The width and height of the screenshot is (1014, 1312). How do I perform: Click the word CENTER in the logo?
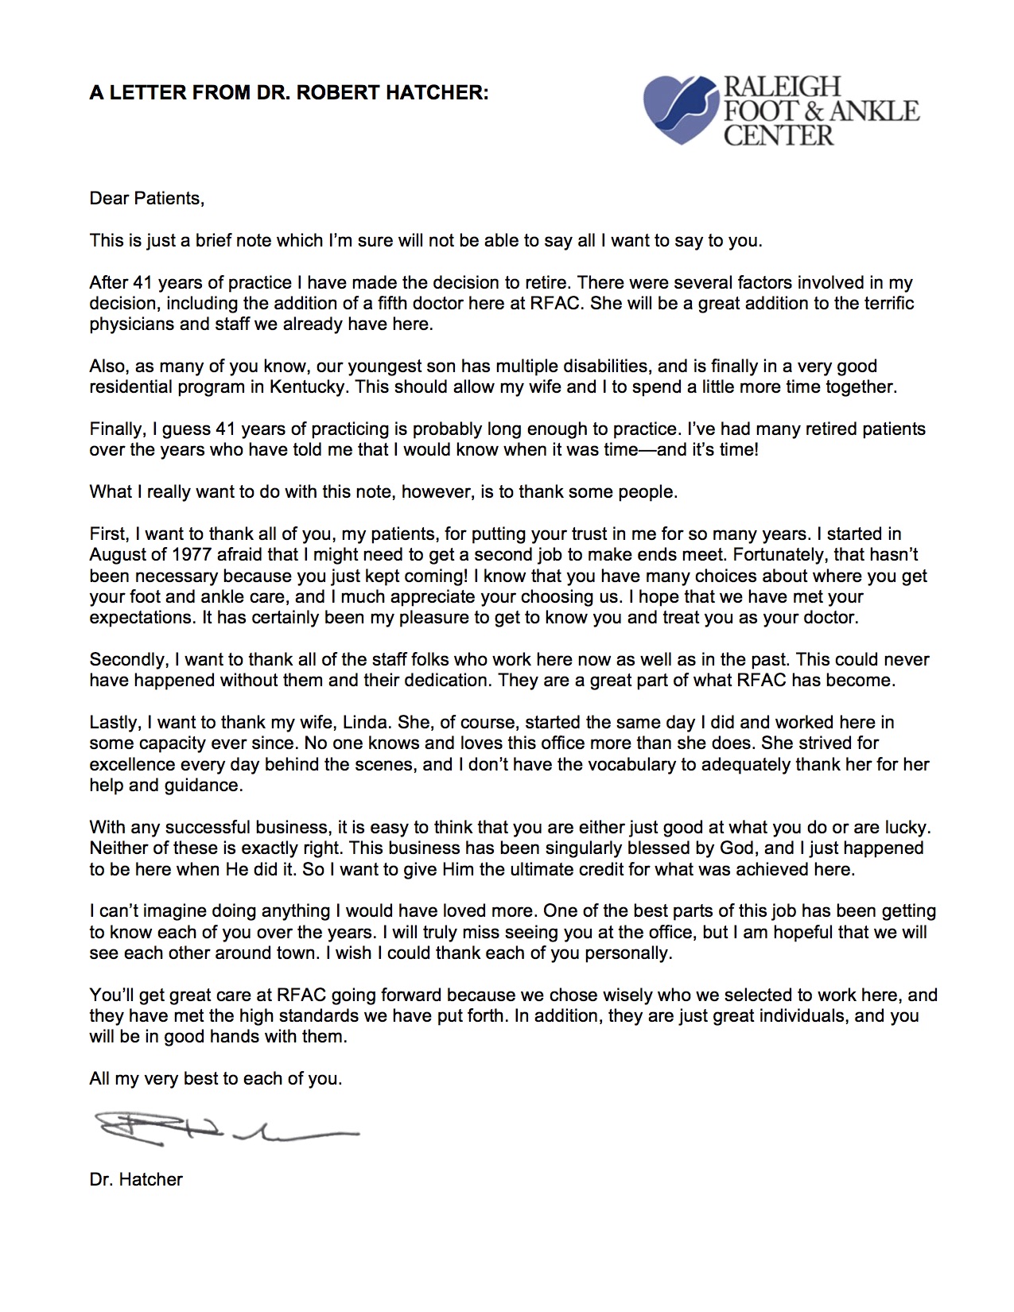point(779,134)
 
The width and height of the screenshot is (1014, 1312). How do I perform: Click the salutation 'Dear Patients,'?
point(147,198)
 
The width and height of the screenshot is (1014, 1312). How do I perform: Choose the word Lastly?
point(115,722)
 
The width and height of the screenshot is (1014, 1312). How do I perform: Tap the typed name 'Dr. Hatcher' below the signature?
point(136,1179)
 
